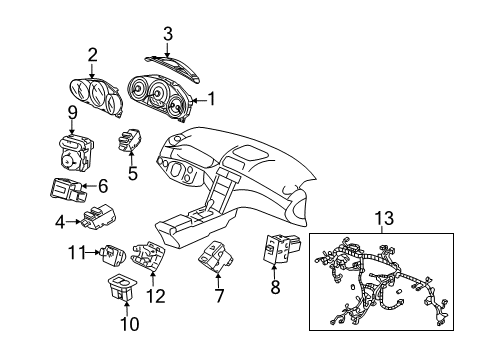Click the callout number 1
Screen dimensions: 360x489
pos(210,99)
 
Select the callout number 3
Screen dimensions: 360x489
pos(168,32)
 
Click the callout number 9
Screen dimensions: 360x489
pos(72,111)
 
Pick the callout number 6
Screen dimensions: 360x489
pos(102,185)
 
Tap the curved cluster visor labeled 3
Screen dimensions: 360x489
pos(168,59)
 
